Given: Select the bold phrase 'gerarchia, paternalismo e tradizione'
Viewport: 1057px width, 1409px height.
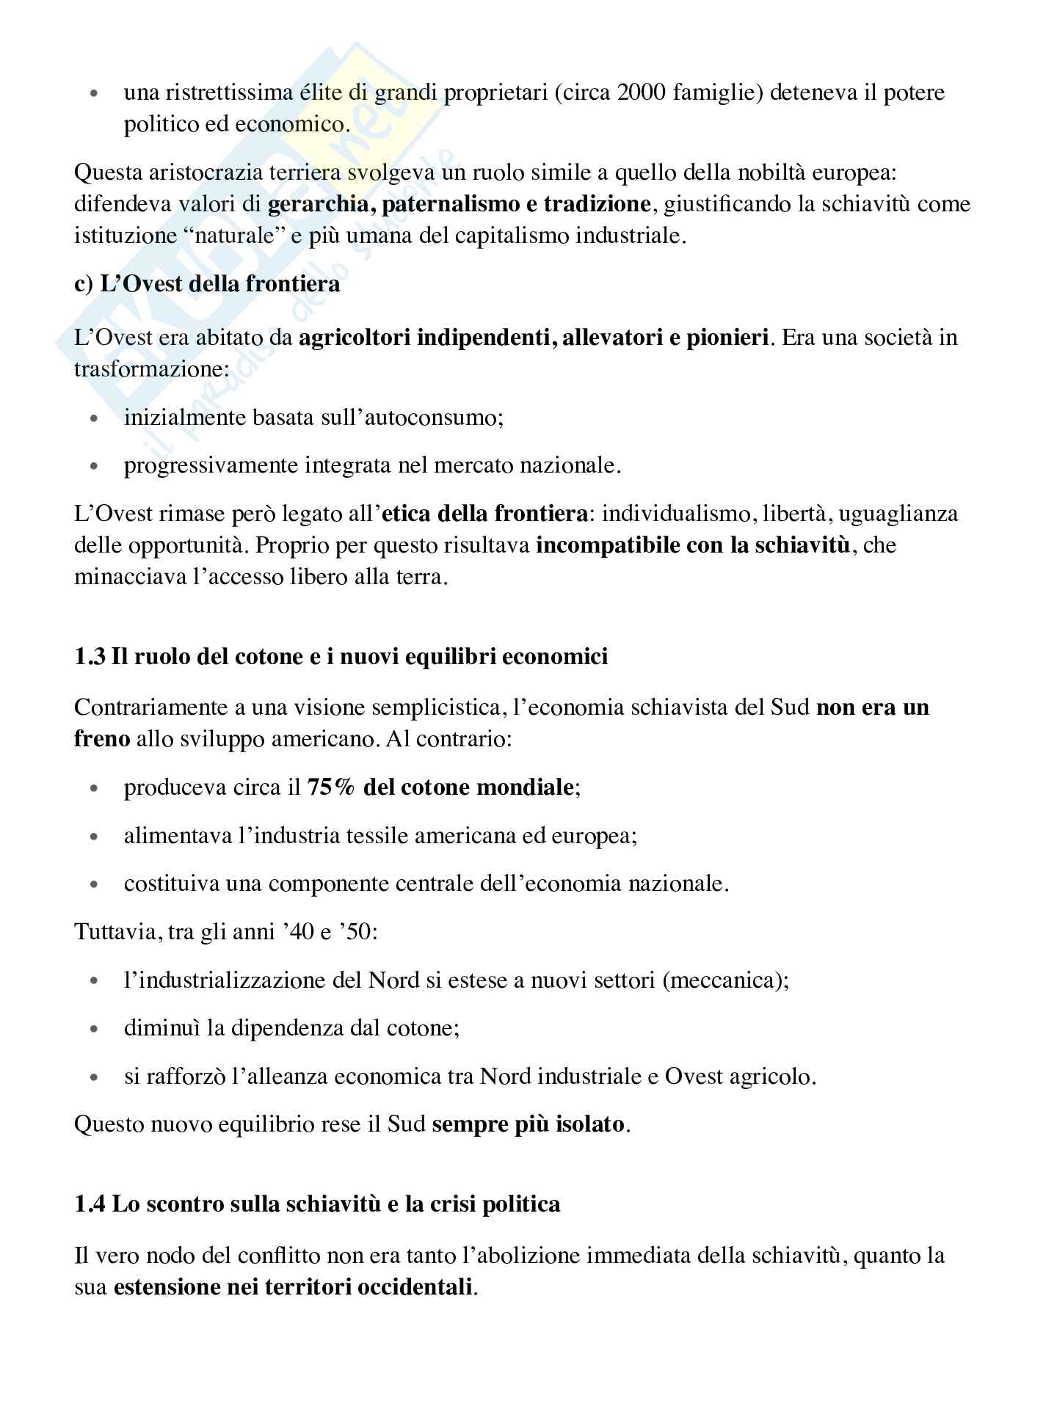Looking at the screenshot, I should (x=460, y=204).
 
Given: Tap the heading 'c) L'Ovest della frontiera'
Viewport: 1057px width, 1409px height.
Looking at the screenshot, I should (x=207, y=284).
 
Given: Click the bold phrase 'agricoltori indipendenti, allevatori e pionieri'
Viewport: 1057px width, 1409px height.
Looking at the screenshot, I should (x=534, y=338).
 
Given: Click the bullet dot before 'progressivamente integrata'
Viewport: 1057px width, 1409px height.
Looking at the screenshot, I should (x=93, y=466).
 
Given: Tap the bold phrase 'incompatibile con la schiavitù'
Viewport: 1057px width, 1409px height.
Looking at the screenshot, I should (x=693, y=545).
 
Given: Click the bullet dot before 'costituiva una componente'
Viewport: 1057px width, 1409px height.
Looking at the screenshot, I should (x=93, y=884).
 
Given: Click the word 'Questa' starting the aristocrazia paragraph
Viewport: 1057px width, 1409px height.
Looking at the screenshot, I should (x=108, y=172).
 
